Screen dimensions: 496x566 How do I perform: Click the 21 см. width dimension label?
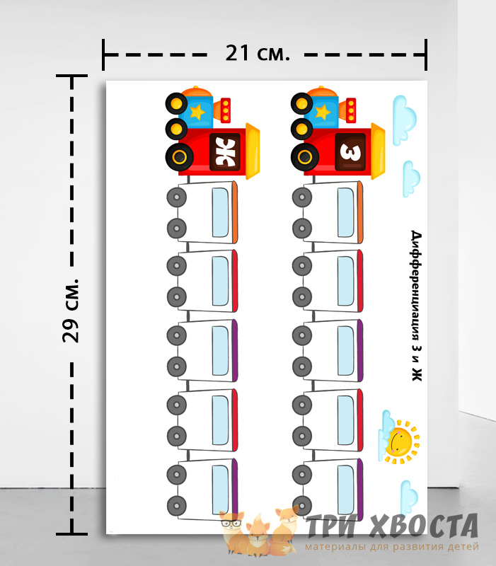tap(258, 53)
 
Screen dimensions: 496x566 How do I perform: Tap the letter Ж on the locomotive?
tap(225, 152)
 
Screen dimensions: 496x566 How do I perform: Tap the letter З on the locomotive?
tap(350, 152)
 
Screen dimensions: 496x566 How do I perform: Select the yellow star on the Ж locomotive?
tap(197, 112)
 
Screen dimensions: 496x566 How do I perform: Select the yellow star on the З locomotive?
tap(323, 112)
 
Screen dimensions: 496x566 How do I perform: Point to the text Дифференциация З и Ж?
tap(417, 306)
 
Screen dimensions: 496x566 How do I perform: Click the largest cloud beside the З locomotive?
tap(404, 120)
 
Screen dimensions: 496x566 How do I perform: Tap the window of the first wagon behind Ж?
tap(220, 213)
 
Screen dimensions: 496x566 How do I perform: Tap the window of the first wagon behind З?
tap(346, 213)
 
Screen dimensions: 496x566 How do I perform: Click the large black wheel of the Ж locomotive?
tap(180, 157)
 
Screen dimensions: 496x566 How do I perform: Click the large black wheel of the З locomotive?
tap(305, 157)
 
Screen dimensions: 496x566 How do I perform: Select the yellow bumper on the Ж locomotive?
tap(253, 151)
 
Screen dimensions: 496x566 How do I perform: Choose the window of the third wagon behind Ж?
tap(220, 351)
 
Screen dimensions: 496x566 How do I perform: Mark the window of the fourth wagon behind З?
tap(346, 420)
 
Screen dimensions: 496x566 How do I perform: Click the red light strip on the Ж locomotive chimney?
tap(226, 110)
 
